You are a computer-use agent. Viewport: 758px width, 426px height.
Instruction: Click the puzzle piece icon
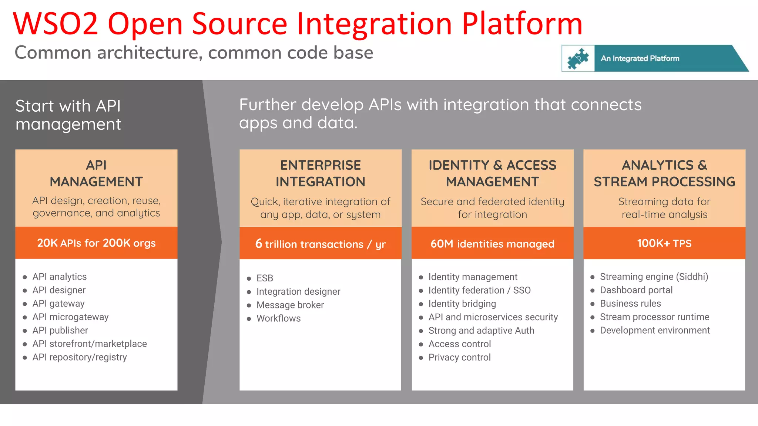[x=578, y=58]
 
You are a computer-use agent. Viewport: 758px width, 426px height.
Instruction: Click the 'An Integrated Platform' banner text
[x=640, y=58]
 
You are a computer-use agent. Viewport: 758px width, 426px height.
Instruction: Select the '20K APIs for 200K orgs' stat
[x=96, y=243]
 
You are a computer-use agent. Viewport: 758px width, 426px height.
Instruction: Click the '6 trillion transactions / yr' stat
[x=321, y=244]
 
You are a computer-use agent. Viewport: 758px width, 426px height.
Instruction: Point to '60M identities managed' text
[x=492, y=244]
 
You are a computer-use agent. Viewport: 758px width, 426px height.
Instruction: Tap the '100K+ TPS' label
[x=664, y=243]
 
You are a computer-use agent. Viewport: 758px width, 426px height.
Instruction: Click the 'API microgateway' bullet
[x=70, y=317]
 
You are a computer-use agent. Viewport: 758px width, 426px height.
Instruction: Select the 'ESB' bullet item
[x=265, y=278]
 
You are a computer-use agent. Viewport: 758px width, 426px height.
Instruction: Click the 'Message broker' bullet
[x=290, y=305]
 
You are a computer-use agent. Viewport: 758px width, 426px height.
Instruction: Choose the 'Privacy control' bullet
[x=459, y=357]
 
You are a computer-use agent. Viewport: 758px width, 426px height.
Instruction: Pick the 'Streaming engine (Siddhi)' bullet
[x=654, y=277]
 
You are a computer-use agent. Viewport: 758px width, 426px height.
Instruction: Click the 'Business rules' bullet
[x=630, y=304]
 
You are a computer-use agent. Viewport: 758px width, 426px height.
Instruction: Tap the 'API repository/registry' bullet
[x=80, y=357]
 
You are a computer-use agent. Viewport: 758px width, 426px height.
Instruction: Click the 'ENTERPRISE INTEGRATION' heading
[x=321, y=173]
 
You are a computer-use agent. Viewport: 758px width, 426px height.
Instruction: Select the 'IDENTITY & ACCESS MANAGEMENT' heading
[x=492, y=173]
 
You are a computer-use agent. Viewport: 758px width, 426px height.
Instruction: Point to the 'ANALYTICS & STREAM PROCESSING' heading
[x=664, y=173]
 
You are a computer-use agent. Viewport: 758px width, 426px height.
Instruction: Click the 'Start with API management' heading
[x=68, y=115]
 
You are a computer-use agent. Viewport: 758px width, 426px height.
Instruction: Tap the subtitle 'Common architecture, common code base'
[x=194, y=53]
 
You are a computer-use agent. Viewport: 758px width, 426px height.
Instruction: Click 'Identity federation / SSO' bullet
[x=479, y=290]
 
